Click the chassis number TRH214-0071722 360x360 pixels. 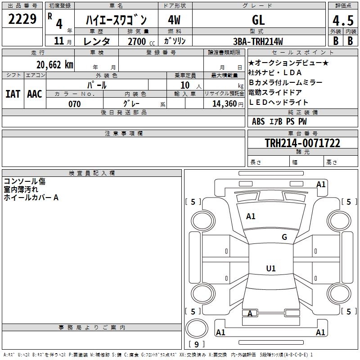[302, 143]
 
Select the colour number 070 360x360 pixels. [74, 104]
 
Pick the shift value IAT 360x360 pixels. [13, 94]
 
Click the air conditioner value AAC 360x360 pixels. [35, 94]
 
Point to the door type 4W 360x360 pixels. [174, 20]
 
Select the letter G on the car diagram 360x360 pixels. [284, 237]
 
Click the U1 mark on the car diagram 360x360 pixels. [271, 269]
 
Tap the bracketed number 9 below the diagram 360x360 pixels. [196, 344]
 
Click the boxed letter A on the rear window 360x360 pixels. [250, 313]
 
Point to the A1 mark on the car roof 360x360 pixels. [251, 216]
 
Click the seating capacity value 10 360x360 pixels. [185, 85]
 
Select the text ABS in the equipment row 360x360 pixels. [258, 121]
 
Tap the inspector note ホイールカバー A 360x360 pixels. [31, 197]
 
